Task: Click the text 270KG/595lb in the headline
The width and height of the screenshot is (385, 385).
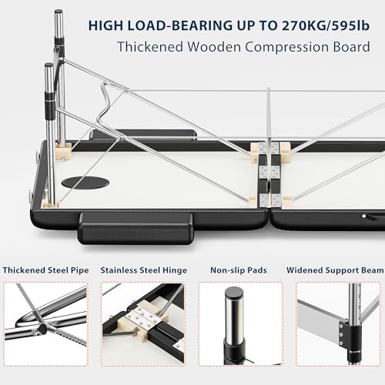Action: coord(326,25)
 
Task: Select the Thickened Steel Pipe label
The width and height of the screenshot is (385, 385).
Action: coord(45,270)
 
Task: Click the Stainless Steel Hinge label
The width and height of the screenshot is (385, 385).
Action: coord(143,270)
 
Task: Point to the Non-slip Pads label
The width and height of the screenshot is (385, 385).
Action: coord(239,270)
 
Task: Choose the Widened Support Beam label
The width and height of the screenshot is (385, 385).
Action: coord(335,270)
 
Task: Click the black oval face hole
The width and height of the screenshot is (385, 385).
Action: coord(85,182)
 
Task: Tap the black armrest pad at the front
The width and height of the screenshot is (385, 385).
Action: coord(136,228)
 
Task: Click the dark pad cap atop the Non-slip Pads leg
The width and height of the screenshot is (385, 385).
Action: coord(234,292)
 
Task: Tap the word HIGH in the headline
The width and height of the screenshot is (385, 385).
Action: coord(106,25)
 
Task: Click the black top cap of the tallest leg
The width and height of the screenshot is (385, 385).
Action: coord(59,12)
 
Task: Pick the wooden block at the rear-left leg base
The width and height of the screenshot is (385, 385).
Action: coord(64,149)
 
